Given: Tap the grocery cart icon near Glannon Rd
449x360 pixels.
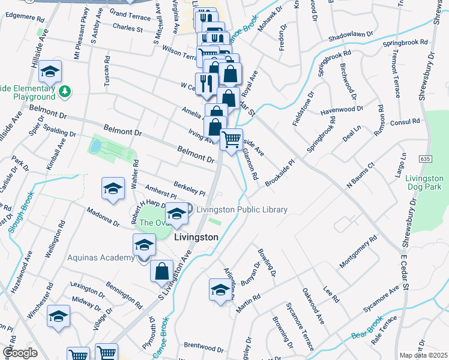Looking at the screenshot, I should (231, 140).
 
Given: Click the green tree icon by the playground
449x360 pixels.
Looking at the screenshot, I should (64, 91).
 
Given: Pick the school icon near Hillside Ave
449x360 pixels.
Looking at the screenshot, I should (50, 73).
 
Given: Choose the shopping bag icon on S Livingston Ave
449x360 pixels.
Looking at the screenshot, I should (161, 271).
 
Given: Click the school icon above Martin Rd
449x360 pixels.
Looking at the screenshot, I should (220, 290).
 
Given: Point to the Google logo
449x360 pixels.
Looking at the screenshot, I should (19, 353).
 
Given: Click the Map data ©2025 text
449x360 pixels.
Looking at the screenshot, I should (423, 355).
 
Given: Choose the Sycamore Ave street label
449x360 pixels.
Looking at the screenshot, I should (381, 300).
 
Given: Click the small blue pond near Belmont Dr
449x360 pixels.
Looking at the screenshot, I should (95, 146).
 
